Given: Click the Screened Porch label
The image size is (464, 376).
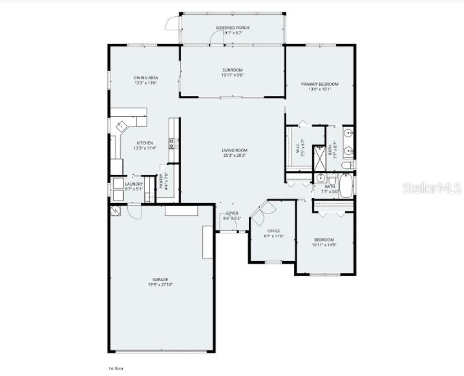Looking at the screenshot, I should [232, 28].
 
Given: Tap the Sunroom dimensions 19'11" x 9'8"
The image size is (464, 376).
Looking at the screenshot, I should [232, 75].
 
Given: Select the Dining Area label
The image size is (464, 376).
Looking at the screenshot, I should [146, 77].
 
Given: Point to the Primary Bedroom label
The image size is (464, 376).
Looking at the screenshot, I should [319, 84].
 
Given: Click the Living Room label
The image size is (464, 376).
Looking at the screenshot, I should [235, 150].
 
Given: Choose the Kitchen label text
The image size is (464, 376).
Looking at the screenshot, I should [144, 143].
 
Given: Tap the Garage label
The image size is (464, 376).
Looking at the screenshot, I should [160, 279].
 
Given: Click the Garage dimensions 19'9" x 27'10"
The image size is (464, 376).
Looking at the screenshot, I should [160, 284].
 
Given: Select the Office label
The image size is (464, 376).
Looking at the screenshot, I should [273, 231].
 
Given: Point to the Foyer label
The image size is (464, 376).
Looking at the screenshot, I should [232, 213].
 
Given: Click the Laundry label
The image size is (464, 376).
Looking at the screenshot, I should [134, 184].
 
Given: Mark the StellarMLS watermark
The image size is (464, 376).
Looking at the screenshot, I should [431, 188].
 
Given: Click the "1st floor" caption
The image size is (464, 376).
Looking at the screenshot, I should [115, 368].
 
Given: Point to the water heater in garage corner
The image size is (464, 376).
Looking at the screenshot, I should [116, 211].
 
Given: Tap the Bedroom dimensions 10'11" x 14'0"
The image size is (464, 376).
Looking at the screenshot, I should [324, 244].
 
